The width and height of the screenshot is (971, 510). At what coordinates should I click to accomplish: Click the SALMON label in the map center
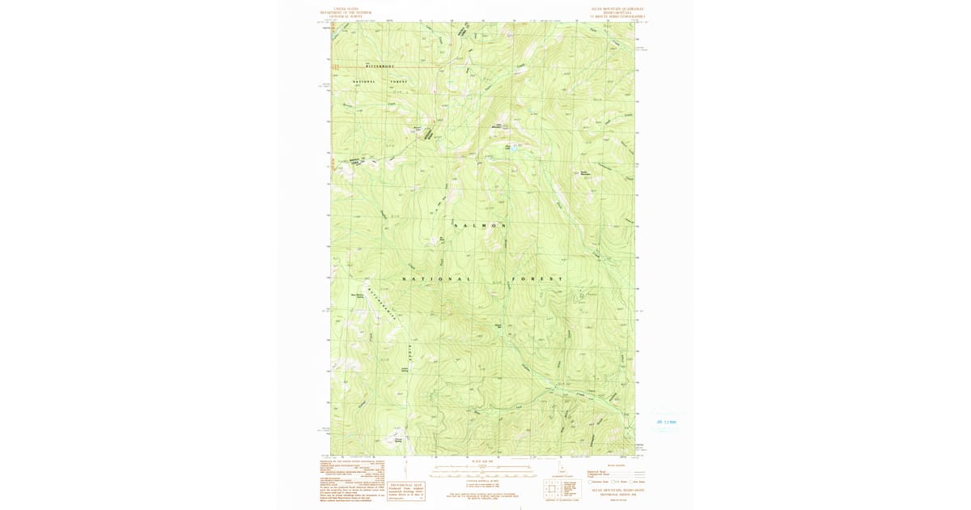481,225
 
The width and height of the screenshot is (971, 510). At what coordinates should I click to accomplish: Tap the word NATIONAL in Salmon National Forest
437,279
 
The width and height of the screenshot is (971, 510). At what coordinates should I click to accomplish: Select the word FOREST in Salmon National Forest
534,279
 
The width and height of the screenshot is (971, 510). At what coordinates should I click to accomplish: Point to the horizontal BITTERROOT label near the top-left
379,66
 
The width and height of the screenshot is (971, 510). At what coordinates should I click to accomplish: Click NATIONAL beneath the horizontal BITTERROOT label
364,82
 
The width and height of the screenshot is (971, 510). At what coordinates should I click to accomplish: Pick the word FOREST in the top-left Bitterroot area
399,82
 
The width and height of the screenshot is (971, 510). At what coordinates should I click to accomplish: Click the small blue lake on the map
512,148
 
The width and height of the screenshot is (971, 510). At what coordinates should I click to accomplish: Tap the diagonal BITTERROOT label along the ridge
384,305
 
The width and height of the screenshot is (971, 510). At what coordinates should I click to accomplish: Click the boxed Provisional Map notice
406,491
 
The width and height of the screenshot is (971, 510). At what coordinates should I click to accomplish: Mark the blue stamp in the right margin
666,422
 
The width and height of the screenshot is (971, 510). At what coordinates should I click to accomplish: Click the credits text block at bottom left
351,482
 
